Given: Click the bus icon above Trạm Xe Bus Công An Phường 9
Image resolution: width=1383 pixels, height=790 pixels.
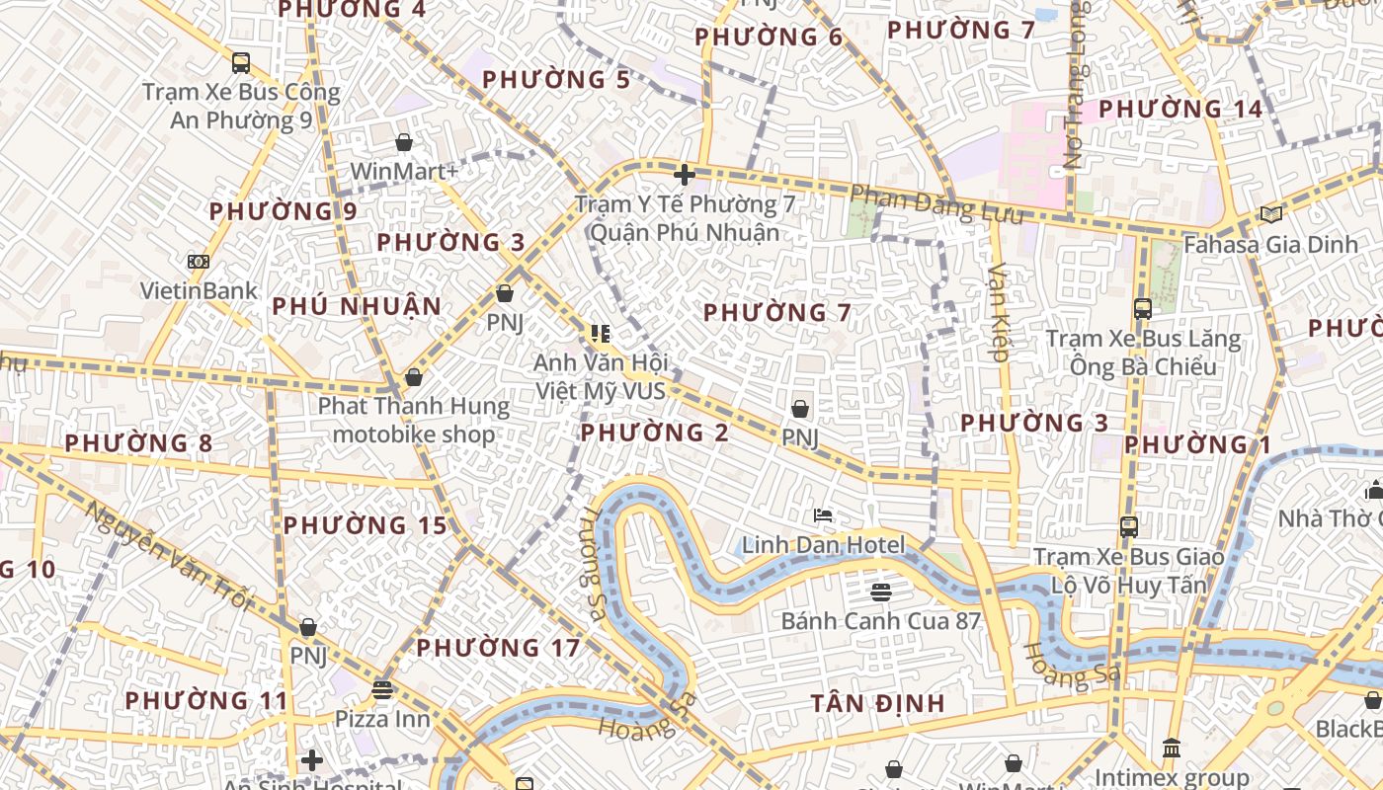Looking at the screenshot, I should (240, 63).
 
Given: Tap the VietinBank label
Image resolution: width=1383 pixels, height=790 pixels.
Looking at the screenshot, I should (198, 291).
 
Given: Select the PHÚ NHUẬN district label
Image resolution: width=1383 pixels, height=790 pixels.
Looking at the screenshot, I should (357, 306).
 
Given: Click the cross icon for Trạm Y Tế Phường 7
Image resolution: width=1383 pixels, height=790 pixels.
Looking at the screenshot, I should (684, 176).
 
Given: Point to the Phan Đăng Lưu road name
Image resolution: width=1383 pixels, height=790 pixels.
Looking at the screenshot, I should (936, 203).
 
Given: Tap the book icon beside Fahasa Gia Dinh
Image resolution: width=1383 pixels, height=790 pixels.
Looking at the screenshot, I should (1269, 214).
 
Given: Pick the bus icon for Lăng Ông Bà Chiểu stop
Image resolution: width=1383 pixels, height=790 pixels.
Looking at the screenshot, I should (1143, 309).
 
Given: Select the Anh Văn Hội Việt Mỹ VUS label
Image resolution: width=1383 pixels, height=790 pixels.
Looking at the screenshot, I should (601, 376).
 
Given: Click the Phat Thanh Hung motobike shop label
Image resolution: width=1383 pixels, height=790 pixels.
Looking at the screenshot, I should (414, 420).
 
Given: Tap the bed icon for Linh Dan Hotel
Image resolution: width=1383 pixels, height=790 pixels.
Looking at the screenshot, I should (822, 515).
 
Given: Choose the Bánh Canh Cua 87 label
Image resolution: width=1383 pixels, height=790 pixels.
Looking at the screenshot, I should (880, 621).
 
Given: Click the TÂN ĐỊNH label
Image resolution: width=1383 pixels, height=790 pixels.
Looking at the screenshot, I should (878, 703).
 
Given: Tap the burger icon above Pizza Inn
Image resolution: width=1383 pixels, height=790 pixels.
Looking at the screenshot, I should (382, 689).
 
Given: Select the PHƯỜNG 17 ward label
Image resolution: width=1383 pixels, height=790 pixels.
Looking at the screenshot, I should (498, 649).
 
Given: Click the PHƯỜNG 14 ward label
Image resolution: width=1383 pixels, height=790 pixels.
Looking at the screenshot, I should (1180, 109).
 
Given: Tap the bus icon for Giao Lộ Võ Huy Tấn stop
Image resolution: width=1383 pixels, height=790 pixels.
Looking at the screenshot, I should (1129, 527).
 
